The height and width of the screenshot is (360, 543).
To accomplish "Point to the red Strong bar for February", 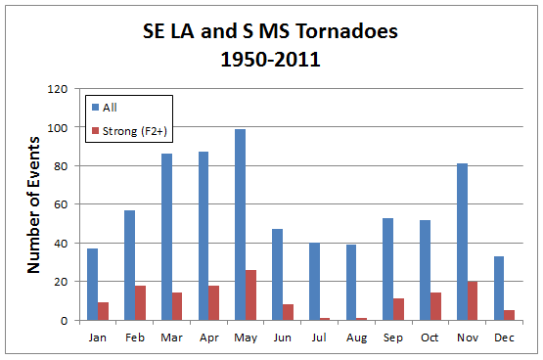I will click(141, 302).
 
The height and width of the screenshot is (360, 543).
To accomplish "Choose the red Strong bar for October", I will click(436, 306).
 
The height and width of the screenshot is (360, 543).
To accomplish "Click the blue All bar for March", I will click(166, 237).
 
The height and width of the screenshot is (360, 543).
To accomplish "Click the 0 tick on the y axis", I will click(65, 320).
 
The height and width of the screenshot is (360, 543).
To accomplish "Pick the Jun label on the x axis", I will click(283, 336).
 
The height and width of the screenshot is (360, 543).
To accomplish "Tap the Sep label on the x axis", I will click(393, 336).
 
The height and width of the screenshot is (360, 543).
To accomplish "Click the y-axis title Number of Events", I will click(32, 204).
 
